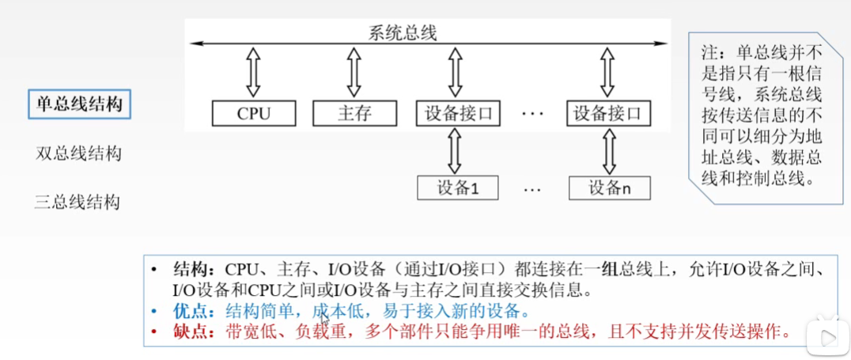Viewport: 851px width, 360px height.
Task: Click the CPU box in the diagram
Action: (254, 114)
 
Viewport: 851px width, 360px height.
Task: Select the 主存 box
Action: (354, 114)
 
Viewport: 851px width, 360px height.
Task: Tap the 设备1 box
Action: (457, 188)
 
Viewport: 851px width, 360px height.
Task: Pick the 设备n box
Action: (610, 188)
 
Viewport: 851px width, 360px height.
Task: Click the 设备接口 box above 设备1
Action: (458, 114)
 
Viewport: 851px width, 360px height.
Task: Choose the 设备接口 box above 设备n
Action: (608, 114)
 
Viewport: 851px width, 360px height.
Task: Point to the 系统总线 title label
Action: (402, 33)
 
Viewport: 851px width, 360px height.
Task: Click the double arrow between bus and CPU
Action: (253, 73)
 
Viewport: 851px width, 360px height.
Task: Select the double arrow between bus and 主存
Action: (354, 73)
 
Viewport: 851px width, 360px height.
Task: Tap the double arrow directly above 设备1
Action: (455, 151)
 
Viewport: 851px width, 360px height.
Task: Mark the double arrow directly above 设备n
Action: (609, 151)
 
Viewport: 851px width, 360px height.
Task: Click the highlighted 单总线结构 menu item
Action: (79, 104)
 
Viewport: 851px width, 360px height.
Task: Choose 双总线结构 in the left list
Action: (78, 153)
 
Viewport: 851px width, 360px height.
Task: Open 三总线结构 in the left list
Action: (77, 203)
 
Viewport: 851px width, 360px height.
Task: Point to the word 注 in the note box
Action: (708, 52)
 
